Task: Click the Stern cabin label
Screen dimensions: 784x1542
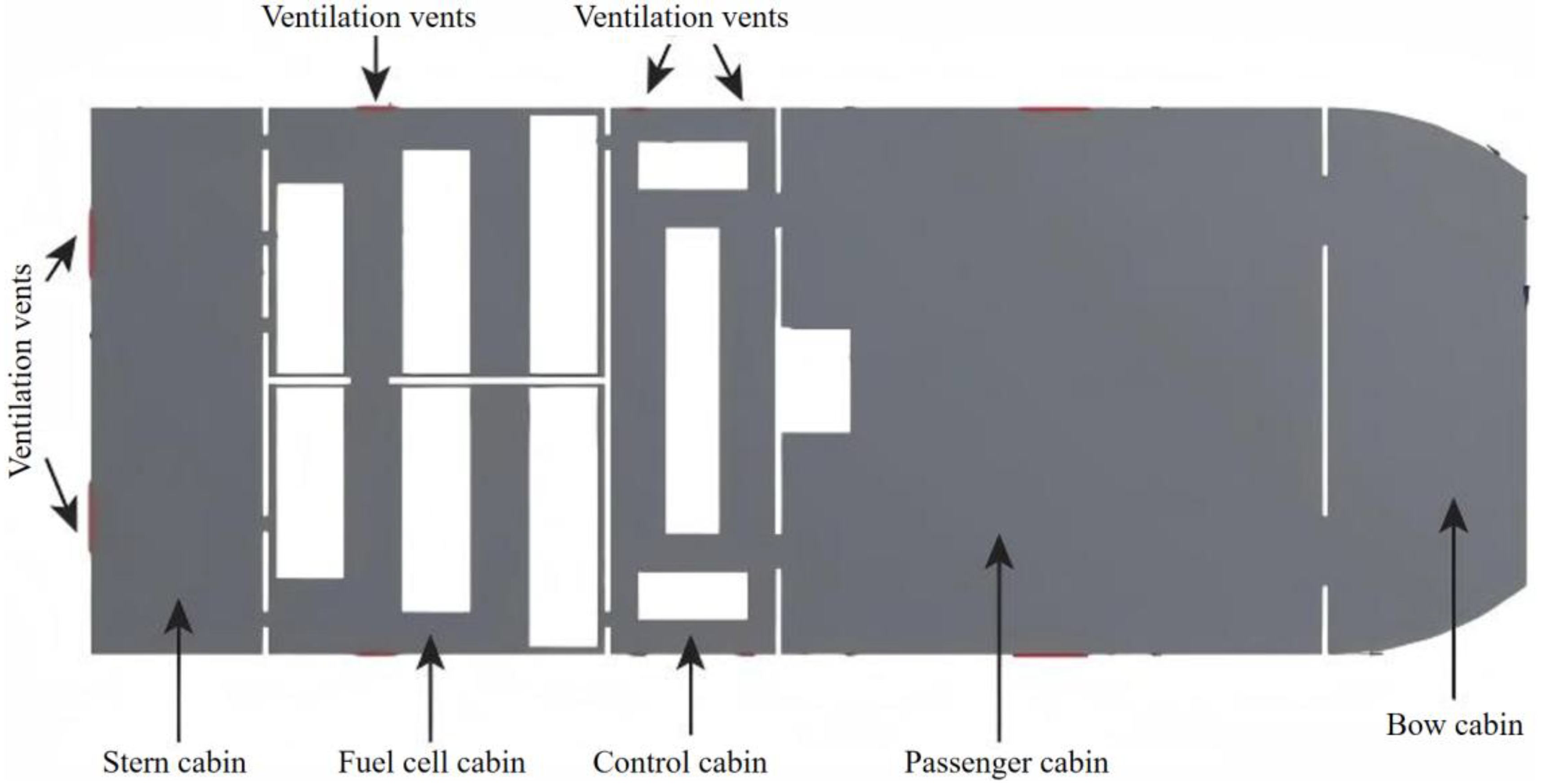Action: click(174, 762)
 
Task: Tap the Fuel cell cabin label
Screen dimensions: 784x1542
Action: click(432, 762)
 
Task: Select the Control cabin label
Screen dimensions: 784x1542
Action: click(679, 762)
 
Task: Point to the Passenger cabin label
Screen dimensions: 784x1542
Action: click(1006, 762)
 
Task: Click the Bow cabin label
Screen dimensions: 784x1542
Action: click(1454, 725)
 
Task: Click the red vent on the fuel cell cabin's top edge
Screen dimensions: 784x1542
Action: click(376, 108)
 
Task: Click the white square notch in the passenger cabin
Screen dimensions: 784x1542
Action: click(815, 381)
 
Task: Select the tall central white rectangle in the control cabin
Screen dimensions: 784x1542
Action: click(692, 381)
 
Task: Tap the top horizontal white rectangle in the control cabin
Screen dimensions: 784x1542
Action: click(692, 165)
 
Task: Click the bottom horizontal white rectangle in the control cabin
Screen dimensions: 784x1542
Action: click(692, 596)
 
